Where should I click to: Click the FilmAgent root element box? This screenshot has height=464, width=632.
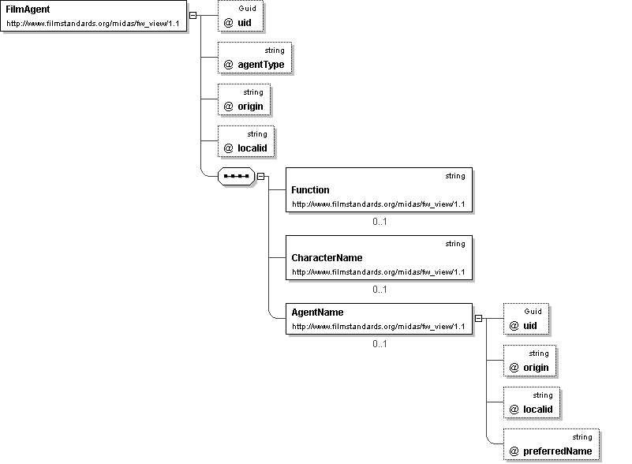tap(94, 16)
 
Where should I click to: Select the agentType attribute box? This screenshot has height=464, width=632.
tap(255, 58)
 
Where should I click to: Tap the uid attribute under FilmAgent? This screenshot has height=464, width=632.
tap(241, 16)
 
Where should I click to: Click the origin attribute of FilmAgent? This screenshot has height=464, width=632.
tap(245, 99)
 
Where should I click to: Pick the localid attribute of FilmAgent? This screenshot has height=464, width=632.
tap(246, 141)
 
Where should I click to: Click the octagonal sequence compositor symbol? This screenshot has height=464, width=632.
tap(236, 176)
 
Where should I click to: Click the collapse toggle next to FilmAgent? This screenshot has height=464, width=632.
tap(193, 15)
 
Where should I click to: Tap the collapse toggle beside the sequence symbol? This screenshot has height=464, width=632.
tap(261, 176)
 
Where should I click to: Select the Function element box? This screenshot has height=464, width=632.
tap(379, 189)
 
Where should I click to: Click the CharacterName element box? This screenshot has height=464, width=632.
tap(379, 257)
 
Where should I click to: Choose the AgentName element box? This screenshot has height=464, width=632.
tap(379, 319)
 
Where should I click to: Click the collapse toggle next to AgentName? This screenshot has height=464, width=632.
tap(478, 319)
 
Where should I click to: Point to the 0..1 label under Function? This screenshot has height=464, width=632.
tap(380, 221)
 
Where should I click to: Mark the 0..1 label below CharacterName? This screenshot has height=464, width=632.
tap(380, 289)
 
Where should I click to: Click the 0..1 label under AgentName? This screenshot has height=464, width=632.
tap(380, 343)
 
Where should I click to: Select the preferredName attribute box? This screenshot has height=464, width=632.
tap(552, 444)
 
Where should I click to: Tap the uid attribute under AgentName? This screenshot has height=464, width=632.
tap(526, 319)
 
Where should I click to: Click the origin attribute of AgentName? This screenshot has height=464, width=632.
tap(529, 361)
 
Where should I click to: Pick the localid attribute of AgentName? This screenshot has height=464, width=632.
tap(532, 402)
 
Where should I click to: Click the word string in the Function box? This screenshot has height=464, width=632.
tap(455, 176)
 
